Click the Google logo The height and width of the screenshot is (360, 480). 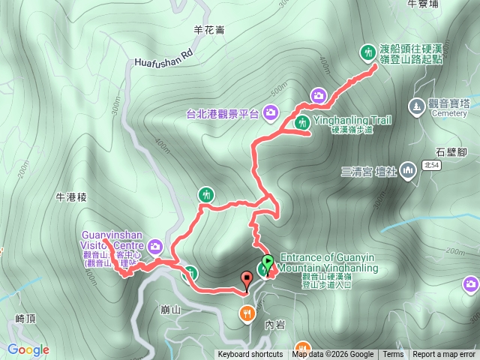click(28, 349)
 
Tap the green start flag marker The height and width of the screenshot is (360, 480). click(267, 265)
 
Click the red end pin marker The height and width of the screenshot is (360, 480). click(247, 280)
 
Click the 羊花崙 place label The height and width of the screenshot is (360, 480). click(208, 30)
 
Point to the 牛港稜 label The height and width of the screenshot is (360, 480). click(72, 197)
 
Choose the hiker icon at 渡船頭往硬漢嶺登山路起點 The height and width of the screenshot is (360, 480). click(367, 52)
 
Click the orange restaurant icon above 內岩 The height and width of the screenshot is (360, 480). click(246, 312)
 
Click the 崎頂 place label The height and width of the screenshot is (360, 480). click(25, 319)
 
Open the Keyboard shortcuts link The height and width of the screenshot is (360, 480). click(250, 355)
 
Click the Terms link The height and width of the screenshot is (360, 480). click(393, 355)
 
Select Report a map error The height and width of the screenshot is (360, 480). click(444, 355)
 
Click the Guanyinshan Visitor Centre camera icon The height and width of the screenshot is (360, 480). click(155, 246)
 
